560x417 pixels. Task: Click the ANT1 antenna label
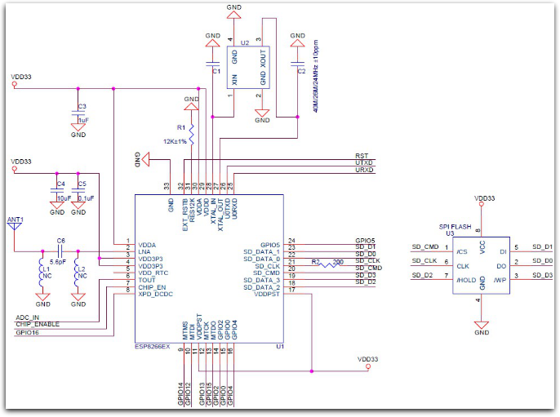pyautogui.click(x=16, y=220)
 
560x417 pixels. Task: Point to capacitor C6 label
pyautogui.click(x=60, y=240)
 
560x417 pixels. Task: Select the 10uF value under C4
pyautogui.click(x=64, y=198)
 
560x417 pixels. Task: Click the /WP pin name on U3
pyautogui.click(x=500, y=279)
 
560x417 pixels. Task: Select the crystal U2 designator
pyautogui.click(x=244, y=41)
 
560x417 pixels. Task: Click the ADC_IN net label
pyautogui.click(x=29, y=317)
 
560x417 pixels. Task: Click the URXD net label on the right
pyautogui.click(x=364, y=170)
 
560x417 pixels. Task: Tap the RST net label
pyautogui.click(x=362, y=155)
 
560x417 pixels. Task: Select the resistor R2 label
pyautogui.click(x=315, y=260)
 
